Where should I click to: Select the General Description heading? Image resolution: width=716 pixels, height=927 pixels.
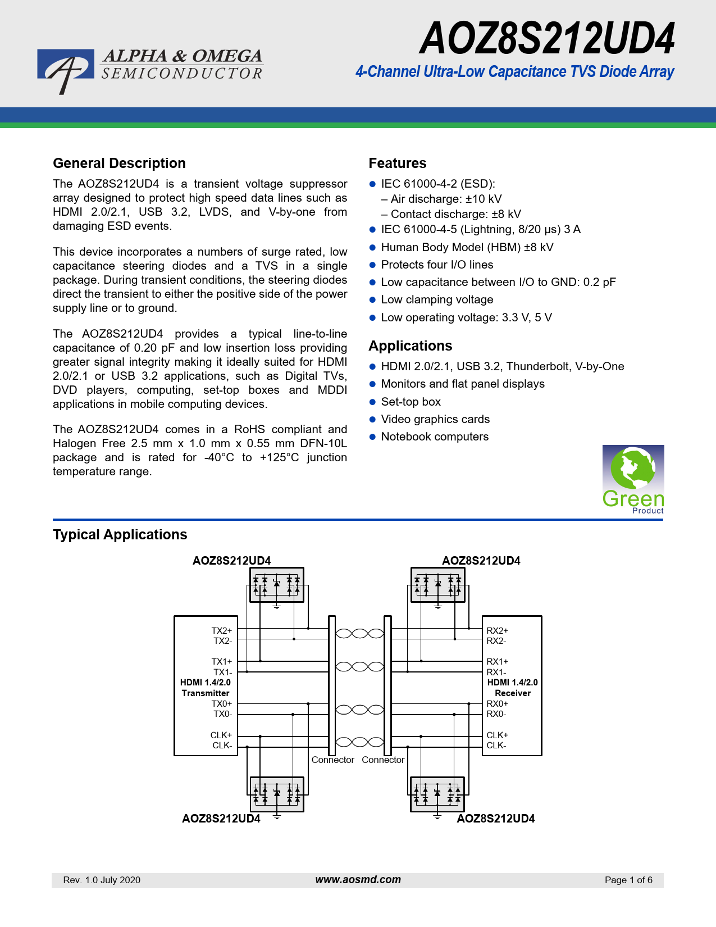tap(120, 163)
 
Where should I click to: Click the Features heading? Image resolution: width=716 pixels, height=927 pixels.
tap(398, 163)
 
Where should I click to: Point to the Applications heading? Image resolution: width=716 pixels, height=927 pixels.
tap(411, 346)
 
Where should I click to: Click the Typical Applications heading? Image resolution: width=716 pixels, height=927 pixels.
tap(120, 534)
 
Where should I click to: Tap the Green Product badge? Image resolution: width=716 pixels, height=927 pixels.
tap(633, 479)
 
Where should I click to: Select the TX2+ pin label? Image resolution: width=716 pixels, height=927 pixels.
tap(222, 630)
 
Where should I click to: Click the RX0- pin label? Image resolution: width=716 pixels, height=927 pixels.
tap(496, 714)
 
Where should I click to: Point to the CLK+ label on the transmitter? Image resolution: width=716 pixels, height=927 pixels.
tap(221, 735)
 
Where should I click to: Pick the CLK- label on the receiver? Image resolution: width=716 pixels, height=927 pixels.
tap(496, 746)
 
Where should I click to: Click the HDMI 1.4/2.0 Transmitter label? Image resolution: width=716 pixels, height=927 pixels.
tap(206, 688)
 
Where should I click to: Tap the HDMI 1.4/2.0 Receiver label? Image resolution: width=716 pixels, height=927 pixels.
tap(513, 688)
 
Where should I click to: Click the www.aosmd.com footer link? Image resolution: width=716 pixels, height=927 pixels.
tap(358, 880)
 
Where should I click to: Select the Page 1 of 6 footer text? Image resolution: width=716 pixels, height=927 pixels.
tap(628, 880)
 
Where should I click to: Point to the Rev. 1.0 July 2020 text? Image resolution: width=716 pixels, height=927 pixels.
tap(102, 880)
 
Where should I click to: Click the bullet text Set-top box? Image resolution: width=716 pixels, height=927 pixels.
tap(411, 402)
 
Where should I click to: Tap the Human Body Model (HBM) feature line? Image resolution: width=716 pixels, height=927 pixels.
tap(467, 247)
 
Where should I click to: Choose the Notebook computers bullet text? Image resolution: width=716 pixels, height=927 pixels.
tap(435, 437)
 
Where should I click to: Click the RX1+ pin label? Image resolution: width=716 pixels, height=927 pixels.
tap(497, 662)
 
